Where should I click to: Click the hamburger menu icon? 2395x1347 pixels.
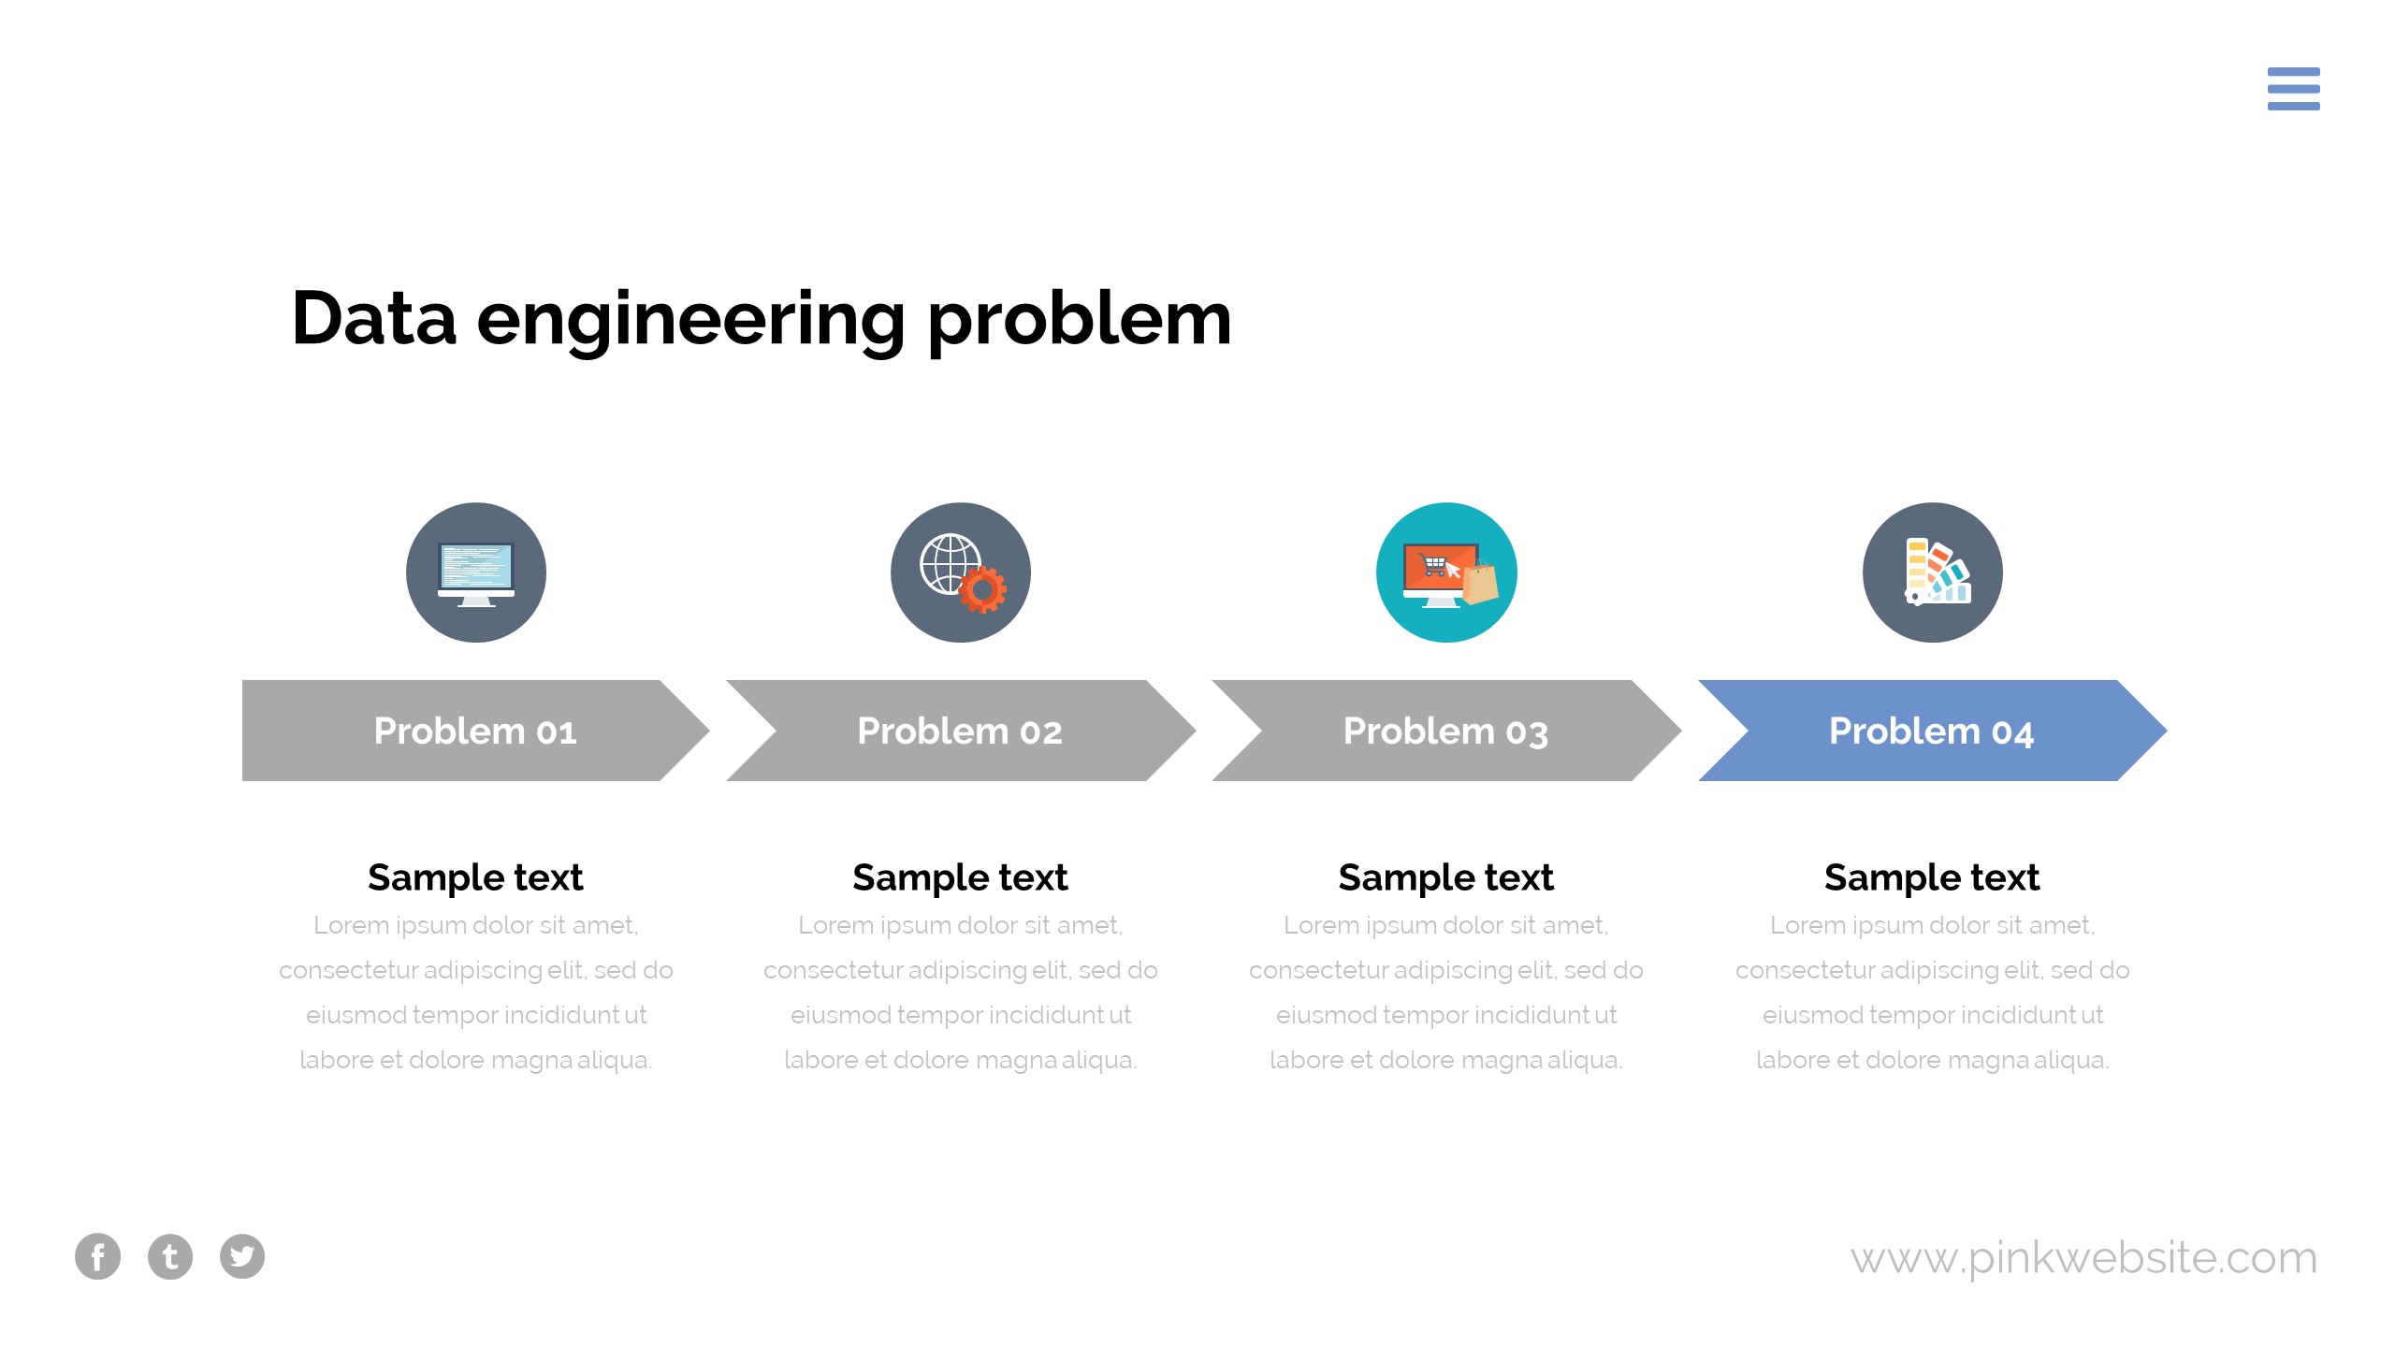(x=2293, y=89)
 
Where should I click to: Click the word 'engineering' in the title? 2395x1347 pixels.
(x=690, y=320)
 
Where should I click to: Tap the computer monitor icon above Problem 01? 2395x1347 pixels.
(x=476, y=572)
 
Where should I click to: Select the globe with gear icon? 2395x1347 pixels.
(x=960, y=572)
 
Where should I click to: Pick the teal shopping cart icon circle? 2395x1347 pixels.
(x=1446, y=572)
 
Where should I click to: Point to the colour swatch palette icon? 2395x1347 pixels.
(x=1933, y=572)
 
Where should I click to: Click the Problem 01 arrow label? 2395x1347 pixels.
(x=475, y=731)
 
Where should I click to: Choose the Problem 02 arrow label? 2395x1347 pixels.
(x=960, y=731)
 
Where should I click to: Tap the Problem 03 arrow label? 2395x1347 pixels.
(x=1446, y=731)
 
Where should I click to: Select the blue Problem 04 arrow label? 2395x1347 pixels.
(x=1932, y=731)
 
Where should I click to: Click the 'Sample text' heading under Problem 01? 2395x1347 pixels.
(x=475, y=877)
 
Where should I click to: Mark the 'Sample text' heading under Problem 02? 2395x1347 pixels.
(x=960, y=877)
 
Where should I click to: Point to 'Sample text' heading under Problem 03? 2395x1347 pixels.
(x=1446, y=877)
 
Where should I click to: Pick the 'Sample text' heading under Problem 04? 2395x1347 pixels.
(x=1932, y=877)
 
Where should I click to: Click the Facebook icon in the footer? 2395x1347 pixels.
(x=98, y=1256)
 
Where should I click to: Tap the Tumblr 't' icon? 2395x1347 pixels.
(x=170, y=1256)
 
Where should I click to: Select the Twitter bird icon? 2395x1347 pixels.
(x=242, y=1256)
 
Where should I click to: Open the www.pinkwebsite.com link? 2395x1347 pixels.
(x=2084, y=1257)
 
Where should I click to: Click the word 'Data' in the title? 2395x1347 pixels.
(x=374, y=320)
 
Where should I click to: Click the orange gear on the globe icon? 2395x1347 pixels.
(x=981, y=589)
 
